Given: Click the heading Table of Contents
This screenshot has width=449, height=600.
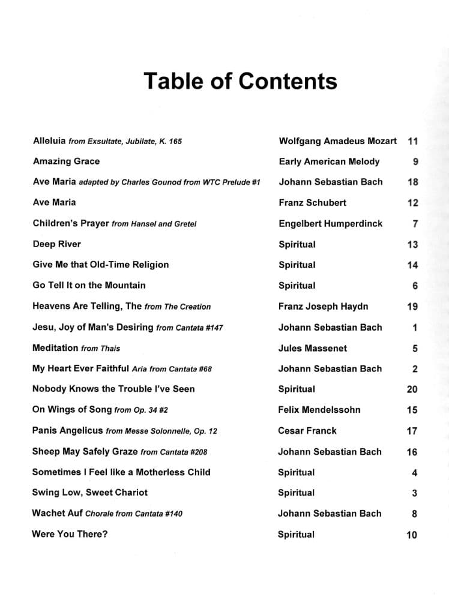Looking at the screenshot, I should (x=240, y=81).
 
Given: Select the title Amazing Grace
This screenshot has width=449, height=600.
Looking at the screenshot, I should (x=66, y=161).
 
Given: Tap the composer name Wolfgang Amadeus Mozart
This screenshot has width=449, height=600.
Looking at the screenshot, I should (x=337, y=141).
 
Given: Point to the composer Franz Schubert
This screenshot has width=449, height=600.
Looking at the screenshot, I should (x=312, y=203).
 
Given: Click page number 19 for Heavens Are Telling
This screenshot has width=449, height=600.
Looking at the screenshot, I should (x=412, y=307).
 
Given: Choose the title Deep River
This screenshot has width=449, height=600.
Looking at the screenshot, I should (x=56, y=244).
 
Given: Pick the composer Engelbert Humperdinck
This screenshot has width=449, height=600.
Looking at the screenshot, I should (x=330, y=224).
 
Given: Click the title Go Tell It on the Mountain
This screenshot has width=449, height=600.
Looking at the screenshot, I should (x=89, y=286).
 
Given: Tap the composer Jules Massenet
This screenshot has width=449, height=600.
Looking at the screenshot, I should (x=312, y=348).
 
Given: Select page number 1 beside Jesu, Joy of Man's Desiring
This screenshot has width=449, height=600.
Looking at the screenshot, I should (x=415, y=328).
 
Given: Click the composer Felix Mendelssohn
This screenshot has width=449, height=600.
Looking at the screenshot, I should (x=319, y=410).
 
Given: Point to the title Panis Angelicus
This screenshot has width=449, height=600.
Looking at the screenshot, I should (x=67, y=431).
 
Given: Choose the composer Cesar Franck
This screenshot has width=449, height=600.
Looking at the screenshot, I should (x=307, y=431).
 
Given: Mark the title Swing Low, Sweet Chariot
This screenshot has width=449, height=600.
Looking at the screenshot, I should (x=89, y=493).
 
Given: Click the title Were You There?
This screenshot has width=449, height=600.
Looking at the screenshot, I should (x=70, y=534).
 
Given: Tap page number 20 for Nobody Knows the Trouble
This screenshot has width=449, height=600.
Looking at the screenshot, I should (x=412, y=389).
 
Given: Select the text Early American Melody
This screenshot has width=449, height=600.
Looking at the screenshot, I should (x=329, y=161).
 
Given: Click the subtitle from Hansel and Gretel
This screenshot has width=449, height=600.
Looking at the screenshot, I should (x=154, y=224).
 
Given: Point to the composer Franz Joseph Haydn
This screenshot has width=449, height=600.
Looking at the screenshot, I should (x=323, y=307).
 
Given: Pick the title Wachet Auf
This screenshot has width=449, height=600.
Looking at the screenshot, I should (x=57, y=513).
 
